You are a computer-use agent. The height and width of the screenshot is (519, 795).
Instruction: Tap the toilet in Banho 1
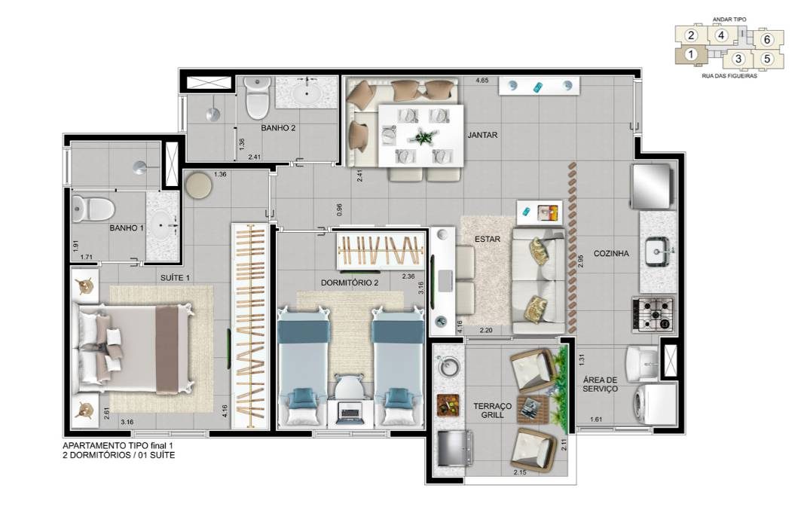(x=93, y=209)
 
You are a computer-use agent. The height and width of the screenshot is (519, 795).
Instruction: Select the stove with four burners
(x=653, y=314)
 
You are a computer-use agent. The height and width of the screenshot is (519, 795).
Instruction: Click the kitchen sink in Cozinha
(x=658, y=252)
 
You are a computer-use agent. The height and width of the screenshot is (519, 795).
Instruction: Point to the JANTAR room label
(x=482, y=136)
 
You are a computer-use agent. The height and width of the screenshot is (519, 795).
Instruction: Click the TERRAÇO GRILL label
(x=493, y=411)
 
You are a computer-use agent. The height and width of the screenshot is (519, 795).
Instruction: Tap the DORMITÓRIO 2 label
(x=350, y=283)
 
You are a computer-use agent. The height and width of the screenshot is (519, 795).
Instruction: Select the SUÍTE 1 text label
(x=175, y=278)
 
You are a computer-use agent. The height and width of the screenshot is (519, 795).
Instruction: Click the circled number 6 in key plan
(x=766, y=39)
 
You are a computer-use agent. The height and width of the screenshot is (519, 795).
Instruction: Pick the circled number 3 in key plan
(x=738, y=59)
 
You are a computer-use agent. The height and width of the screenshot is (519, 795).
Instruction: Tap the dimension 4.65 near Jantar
(x=482, y=81)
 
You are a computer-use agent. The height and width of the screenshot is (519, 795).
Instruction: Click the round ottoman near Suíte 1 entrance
(x=199, y=186)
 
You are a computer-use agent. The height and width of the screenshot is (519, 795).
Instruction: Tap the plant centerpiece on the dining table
(x=420, y=136)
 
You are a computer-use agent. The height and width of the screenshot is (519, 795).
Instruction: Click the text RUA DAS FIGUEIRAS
(x=729, y=75)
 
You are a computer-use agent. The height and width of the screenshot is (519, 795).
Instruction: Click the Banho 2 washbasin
(x=308, y=94)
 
